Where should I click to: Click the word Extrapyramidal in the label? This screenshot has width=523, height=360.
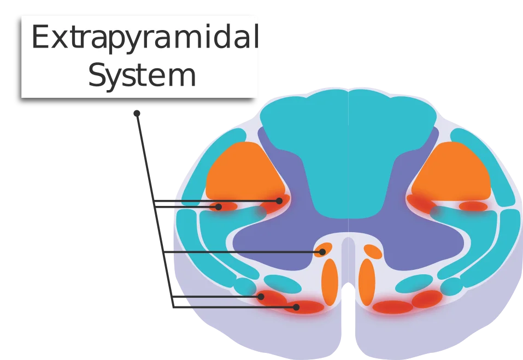(x=145, y=37)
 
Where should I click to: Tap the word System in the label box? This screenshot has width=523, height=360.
(x=142, y=75)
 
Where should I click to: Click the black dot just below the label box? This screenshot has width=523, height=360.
(x=137, y=113)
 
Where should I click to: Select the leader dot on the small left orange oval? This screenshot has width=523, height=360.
(x=322, y=252)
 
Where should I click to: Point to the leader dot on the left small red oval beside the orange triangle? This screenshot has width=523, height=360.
(x=219, y=207)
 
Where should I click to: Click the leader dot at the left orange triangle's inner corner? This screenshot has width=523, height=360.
(x=279, y=200)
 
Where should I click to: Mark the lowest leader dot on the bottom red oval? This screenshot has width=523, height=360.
(x=296, y=307)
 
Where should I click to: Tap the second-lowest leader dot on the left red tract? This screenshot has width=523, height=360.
(x=261, y=296)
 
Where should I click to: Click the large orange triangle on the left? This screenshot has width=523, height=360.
(x=244, y=172)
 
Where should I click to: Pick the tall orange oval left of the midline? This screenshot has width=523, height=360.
(x=330, y=282)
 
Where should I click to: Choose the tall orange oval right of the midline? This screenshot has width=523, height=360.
(x=367, y=282)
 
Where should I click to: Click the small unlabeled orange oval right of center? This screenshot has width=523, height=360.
(x=373, y=252)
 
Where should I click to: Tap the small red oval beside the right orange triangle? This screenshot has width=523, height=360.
(x=473, y=206)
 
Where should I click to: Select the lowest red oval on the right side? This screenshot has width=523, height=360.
(x=393, y=307)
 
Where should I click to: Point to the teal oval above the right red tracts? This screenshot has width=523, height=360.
(x=414, y=284)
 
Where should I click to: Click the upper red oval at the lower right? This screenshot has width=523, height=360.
(x=427, y=299)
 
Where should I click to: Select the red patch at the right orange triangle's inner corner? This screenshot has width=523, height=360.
(x=421, y=203)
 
